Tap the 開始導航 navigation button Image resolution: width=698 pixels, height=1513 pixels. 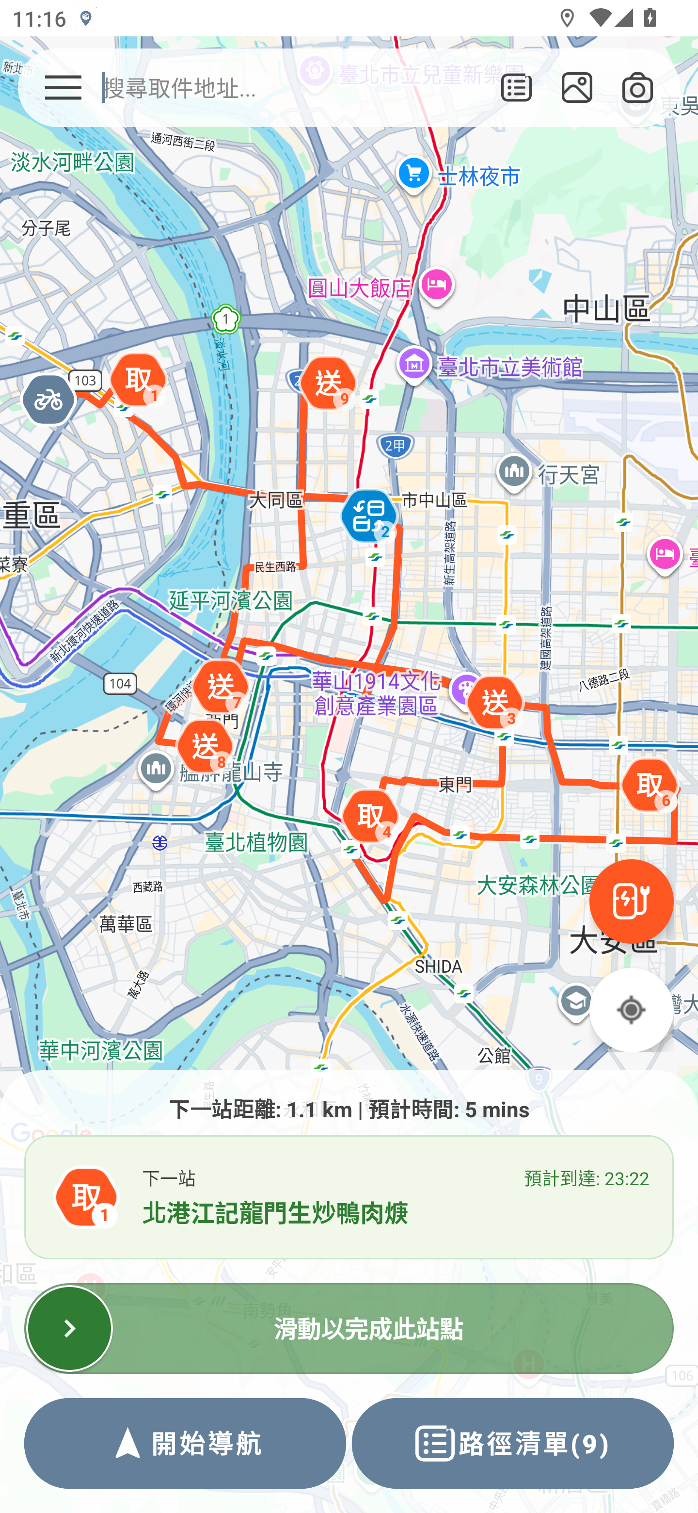[x=185, y=1443]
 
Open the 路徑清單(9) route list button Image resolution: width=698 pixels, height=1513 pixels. [x=512, y=1443]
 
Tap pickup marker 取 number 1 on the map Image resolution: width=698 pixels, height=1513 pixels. [x=139, y=381]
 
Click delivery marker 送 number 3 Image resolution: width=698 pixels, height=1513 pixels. [x=495, y=703]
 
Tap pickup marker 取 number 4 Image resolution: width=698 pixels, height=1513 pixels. [x=370, y=817]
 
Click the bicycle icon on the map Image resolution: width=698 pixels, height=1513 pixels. [x=49, y=401]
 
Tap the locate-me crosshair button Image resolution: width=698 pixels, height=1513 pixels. [x=631, y=1010]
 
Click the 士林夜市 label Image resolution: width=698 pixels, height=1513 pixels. [x=478, y=176]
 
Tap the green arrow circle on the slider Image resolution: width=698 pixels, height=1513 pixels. [x=69, y=1328]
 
